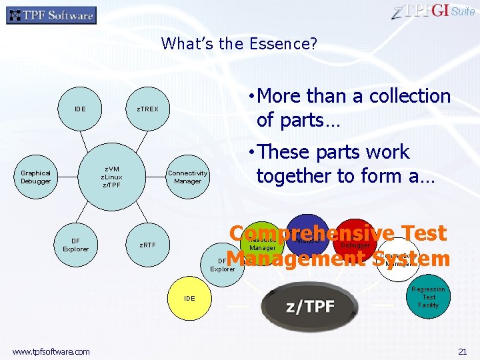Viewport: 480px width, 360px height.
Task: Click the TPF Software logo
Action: tap(51, 15)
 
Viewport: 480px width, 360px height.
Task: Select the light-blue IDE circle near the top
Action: tap(80, 109)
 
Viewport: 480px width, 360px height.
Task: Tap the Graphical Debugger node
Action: tap(35, 177)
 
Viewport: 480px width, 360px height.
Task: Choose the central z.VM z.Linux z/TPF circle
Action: tap(111, 177)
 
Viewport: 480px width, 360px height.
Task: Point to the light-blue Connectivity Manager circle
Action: tap(187, 177)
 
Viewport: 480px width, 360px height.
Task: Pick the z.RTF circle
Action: tap(147, 245)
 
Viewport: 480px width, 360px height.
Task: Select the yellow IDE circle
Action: tap(190, 298)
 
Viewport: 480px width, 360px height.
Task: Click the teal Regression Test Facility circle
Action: tap(428, 297)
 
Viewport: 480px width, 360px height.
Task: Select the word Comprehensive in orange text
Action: tap(306, 233)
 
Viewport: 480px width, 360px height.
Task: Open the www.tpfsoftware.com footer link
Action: tap(51, 351)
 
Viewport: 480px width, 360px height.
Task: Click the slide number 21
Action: tap(462, 351)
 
